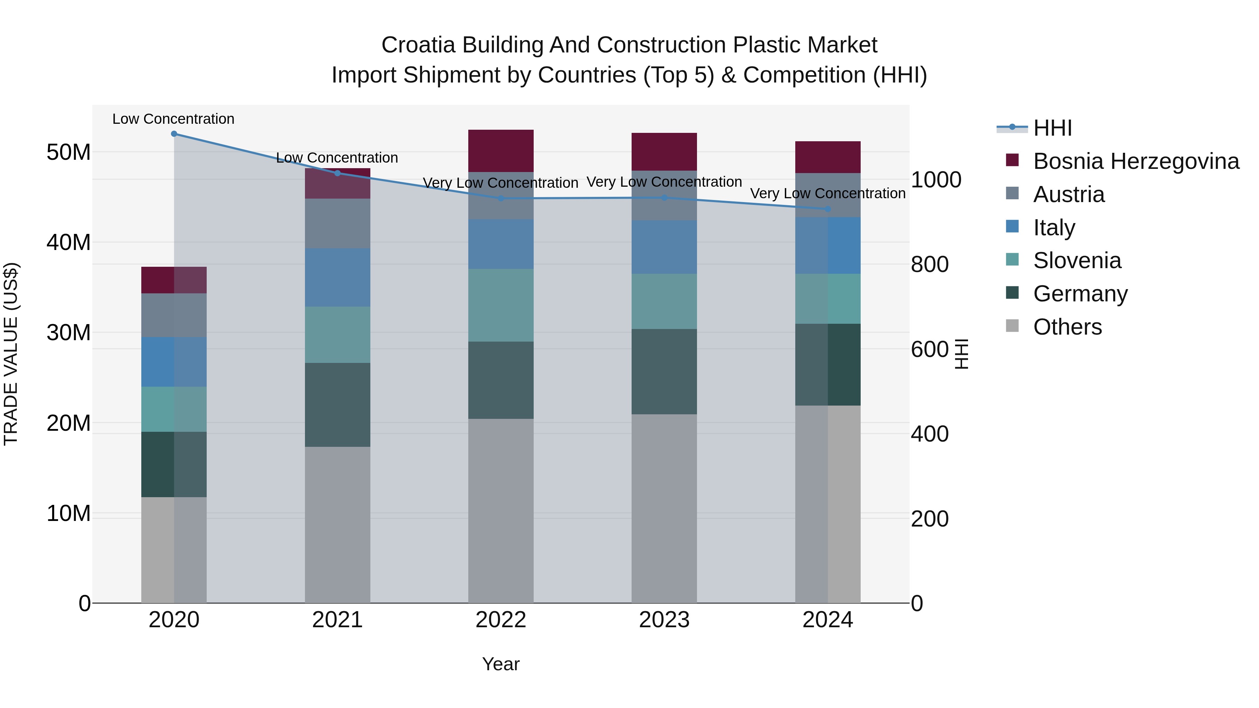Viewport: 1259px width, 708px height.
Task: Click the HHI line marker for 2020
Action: click(174, 134)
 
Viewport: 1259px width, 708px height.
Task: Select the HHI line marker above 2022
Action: click(500, 198)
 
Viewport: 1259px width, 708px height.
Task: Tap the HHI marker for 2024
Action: click(827, 209)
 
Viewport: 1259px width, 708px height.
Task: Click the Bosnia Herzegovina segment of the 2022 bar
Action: click(500, 150)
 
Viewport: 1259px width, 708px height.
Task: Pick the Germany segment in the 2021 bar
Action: click(337, 405)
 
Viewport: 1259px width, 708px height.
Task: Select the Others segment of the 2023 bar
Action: click(664, 508)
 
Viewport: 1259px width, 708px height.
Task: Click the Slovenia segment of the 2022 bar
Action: click(500, 305)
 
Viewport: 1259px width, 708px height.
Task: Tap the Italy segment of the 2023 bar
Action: click(664, 247)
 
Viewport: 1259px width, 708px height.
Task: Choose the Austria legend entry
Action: click(1068, 194)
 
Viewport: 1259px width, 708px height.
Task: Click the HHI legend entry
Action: click(1052, 128)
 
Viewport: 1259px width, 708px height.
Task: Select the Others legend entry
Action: click(1067, 327)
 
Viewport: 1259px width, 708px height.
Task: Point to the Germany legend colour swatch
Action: click(1012, 293)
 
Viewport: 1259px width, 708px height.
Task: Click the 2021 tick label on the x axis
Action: click(337, 620)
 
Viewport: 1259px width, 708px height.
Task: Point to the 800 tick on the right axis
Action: click(930, 264)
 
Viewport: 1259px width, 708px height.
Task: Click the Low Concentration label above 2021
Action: click(337, 158)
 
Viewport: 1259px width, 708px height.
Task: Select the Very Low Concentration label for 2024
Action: click(827, 193)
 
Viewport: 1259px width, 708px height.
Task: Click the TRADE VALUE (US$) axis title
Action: click(11, 354)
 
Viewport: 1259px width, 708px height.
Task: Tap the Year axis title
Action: click(500, 664)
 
